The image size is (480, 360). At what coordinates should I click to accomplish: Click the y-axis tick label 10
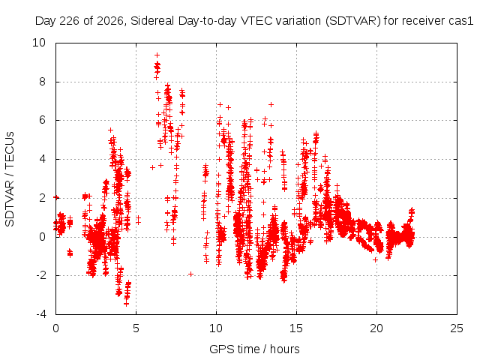click(39, 43)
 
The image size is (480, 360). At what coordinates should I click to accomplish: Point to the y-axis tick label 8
click(42, 82)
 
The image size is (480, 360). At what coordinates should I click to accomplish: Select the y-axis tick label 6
click(42, 120)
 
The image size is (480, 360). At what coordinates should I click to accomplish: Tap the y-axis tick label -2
click(40, 275)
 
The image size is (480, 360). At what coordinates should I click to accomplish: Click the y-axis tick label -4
click(40, 314)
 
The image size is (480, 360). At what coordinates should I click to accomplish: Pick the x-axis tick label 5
click(136, 328)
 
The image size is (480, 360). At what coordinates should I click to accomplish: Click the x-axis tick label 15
click(296, 328)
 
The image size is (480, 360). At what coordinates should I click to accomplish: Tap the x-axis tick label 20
click(376, 328)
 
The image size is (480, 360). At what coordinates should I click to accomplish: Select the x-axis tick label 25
click(457, 328)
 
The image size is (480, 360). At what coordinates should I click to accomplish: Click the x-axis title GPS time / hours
click(254, 349)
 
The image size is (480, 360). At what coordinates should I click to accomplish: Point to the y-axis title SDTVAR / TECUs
click(10, 179)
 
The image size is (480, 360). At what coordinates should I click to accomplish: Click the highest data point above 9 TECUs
click(157, 55)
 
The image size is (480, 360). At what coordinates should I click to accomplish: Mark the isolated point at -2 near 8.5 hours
click(190, 274)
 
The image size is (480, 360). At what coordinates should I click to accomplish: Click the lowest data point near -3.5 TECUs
click(126, 304)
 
